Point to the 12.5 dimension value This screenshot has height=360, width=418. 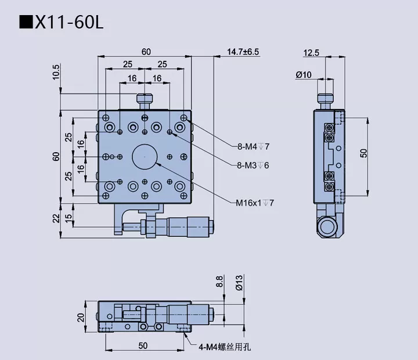click(312, 53)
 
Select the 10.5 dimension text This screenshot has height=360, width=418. click(56, 71)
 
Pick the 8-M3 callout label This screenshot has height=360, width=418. click(253, 165)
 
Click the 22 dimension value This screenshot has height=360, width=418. click(56, 217)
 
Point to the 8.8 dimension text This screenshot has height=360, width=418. click(219, 282)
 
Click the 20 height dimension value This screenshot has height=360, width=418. click(81, 317)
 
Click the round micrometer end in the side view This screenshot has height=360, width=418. click(330, 225)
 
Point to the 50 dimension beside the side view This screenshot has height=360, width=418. click(363, 153)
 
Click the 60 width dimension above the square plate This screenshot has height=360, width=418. click(145, 52)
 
